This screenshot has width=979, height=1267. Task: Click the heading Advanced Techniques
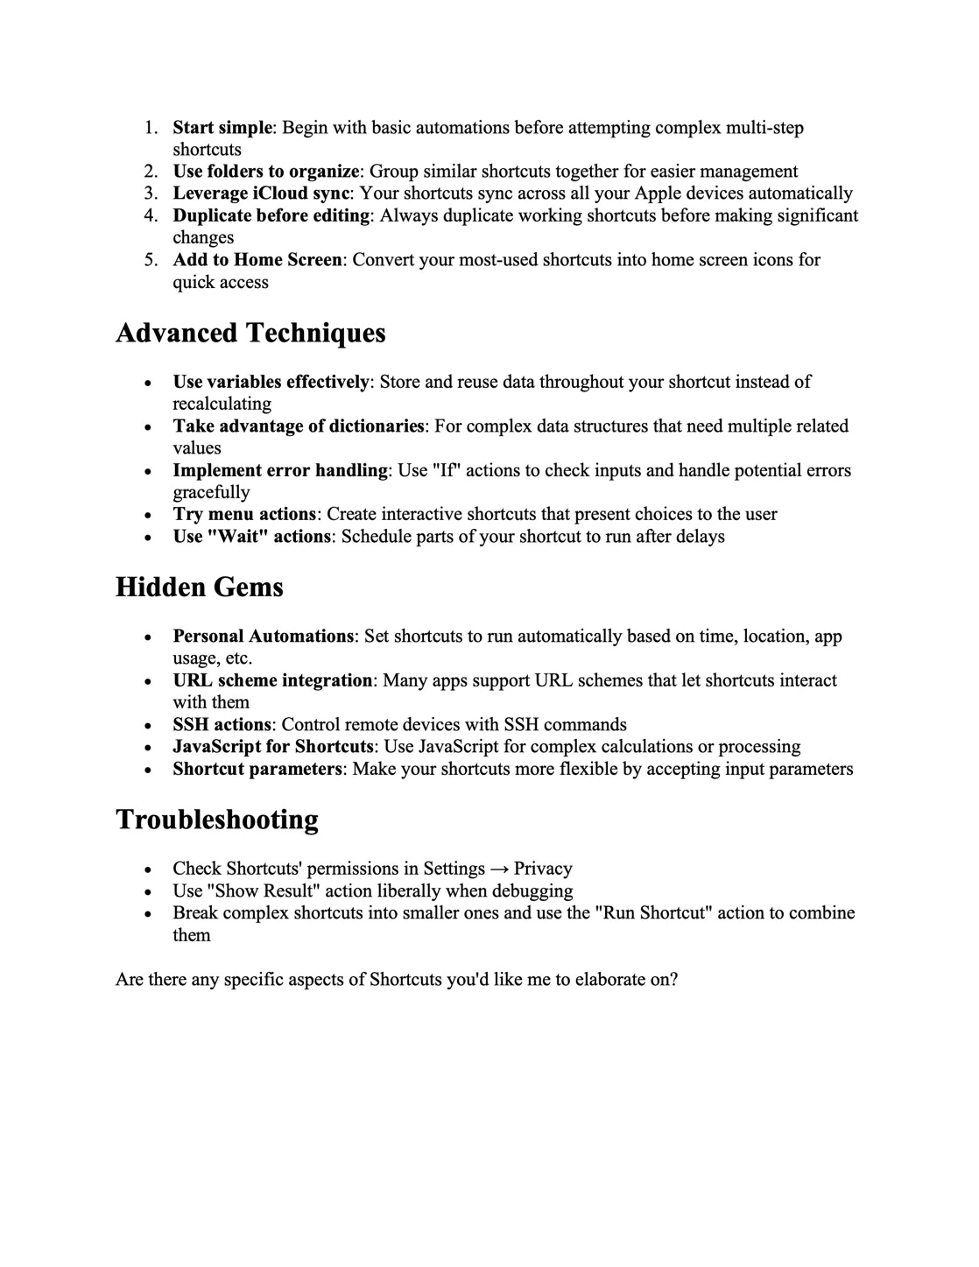click(250, 334)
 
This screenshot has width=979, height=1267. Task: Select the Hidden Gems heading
click(200, 588)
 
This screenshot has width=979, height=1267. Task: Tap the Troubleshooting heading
click(217, 820)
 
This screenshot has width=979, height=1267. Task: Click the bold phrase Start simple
click(222, 128)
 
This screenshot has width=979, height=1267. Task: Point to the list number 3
click(151, 194)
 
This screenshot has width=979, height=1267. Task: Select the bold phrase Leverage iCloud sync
click(261, 194)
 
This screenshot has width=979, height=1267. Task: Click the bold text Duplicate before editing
click(271, 215)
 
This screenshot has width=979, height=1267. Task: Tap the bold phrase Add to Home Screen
click(257, 260)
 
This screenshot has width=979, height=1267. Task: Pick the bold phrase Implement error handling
click(280, 471)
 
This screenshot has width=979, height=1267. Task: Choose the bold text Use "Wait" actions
click(252, 537)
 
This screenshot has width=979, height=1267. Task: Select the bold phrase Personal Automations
click(264, 637)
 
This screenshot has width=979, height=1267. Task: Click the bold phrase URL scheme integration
click(272, 681)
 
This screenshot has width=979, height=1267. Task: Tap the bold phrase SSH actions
click(222, 725)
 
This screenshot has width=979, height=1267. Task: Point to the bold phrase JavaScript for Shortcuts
click(273, 747)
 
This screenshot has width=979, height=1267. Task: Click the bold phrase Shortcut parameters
click(257, 770)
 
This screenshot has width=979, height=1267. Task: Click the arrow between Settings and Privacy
click(499, 869)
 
